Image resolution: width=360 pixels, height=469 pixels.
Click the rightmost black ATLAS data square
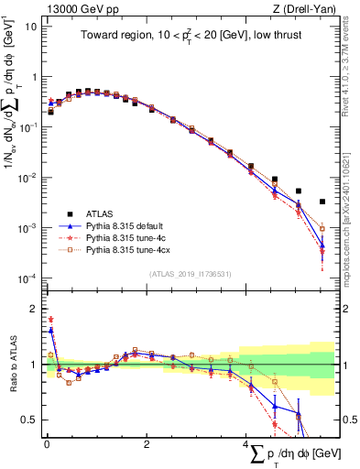tap(322, 202)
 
